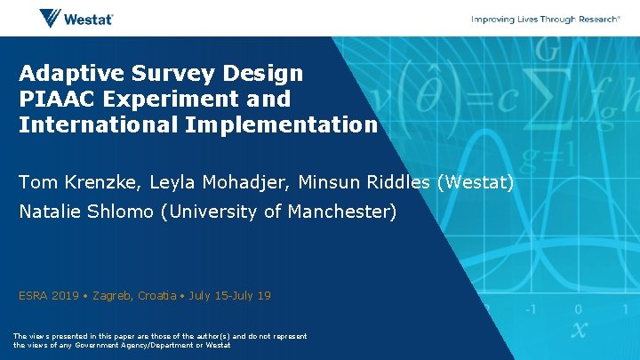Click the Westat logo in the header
pos(76,18)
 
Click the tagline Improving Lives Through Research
pos(545,19)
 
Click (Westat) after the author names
pos(476,182)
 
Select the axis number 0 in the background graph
pos(578,309)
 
